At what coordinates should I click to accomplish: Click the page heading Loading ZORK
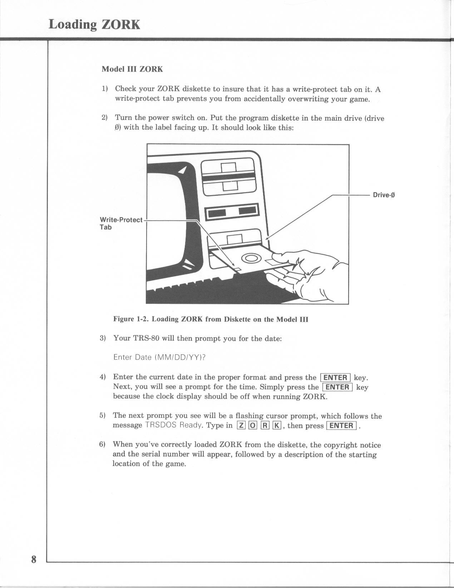click(x=94, y=24)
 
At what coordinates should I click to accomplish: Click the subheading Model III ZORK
click(x=132, y=69)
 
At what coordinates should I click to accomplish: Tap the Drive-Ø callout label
click(x=384, y=195)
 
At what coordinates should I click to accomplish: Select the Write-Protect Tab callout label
click(x=121, y=223)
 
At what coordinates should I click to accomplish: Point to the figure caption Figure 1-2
click(x=211, y=319)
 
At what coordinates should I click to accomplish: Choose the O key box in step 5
click(x=252, y=426)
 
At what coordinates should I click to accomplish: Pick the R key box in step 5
click(x=265, y=426)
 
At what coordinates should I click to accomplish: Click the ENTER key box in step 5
click(x=342, y=426)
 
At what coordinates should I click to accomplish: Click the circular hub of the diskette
click(x=251, y=258)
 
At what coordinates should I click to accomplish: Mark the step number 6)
click(x=103, y=444)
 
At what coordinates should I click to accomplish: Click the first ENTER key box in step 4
click(x=335, y=378)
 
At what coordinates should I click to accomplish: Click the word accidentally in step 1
click(x=264, y=99)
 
